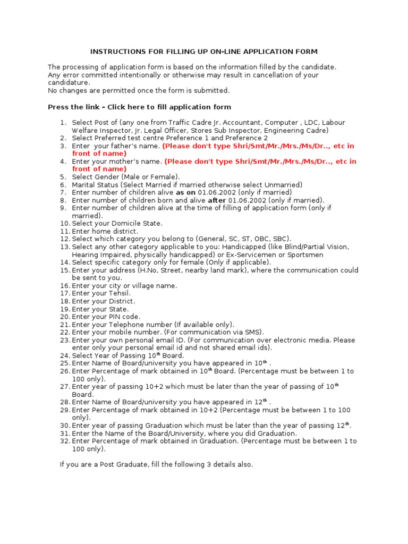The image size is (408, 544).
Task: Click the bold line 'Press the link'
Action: click(139, 107)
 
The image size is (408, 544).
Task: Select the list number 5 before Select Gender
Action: click(63, 176)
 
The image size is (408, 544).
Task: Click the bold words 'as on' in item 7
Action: click(185, 192)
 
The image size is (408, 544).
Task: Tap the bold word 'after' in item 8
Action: click(217, 200)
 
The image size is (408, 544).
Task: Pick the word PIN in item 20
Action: click(113, 317)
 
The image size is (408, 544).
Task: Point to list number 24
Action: click(65, 355)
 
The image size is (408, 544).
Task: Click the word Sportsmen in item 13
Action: click(304, 254)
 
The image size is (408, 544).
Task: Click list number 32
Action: click(65, 441)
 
